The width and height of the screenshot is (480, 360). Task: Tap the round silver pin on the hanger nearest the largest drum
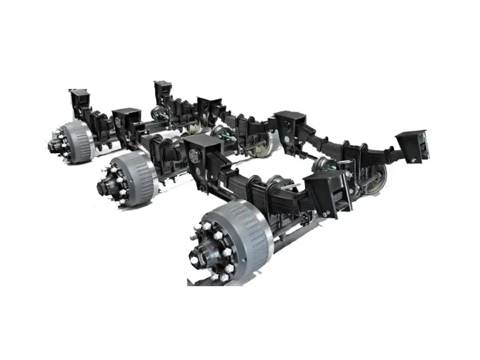pyautogui.click(x=194, y=155)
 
